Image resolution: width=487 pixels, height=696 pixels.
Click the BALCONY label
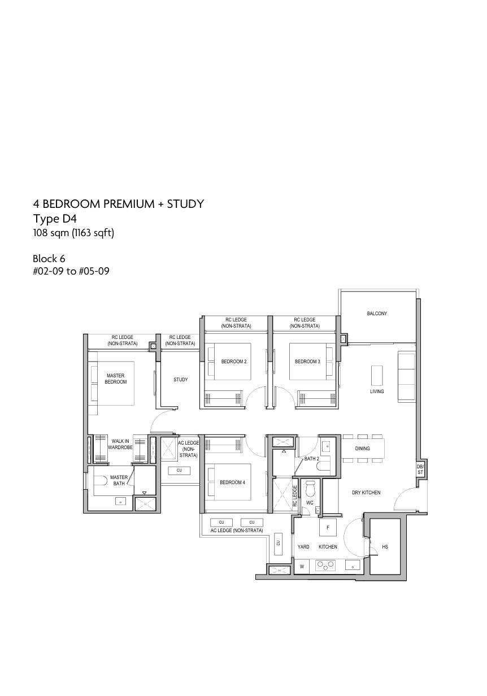[x=377, y=313]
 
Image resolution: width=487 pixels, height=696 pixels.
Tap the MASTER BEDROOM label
[x=116, y=379]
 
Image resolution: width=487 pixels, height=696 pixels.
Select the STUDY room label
[x=181, y=380]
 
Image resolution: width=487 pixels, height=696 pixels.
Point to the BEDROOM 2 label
[x=234, y=362]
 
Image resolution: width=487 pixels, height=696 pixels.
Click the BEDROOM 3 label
[x=307, y=362]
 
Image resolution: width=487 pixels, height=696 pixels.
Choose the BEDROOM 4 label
[x=232, y=482]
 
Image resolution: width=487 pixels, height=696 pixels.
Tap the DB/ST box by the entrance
[x=420, y=469]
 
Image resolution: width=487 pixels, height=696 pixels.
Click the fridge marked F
[x=328, y=527]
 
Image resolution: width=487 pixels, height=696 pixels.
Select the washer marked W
[x=302, y=567]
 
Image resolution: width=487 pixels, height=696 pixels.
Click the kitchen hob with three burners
[x=325, y=565]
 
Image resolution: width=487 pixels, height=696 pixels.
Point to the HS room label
[x=385, y=546]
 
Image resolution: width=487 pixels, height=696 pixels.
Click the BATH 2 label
[x=311, y=458]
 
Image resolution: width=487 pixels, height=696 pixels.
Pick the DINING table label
[x=362, y=449]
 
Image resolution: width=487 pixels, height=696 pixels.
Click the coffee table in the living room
[x=377, y=375]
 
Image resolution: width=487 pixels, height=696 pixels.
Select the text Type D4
[x=55, y=219]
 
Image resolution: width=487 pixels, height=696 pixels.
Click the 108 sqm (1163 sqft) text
[x=73, y=233]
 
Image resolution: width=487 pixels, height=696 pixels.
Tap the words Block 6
[x=49, y=259]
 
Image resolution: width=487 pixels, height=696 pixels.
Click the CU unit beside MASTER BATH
[x=179, y=470]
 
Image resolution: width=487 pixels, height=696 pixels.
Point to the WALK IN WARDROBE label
[x=120, y=444]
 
